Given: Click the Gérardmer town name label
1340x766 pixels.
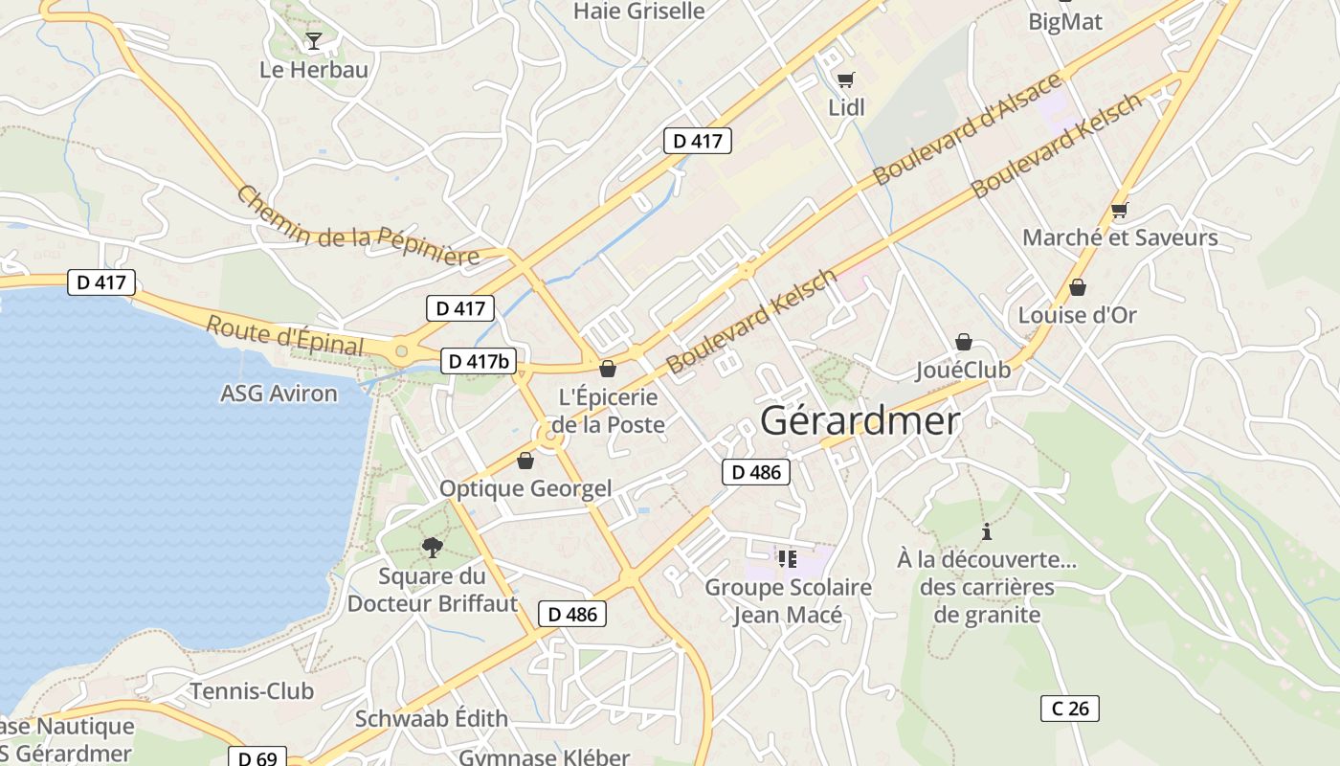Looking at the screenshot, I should (x=860, y=421).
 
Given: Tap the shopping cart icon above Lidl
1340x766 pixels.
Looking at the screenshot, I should (x=845, y=79).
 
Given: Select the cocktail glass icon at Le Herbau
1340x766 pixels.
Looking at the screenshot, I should (x=313, y=40).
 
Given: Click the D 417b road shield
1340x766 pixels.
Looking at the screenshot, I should (x=479, y=361).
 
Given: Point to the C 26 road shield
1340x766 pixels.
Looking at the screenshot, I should (x=1069, y=709).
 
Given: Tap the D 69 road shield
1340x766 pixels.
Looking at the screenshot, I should (x=257, y=758).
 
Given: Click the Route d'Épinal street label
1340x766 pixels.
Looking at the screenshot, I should (x=284, y=336).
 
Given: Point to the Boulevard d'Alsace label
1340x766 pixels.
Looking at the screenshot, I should (x=967, y=129).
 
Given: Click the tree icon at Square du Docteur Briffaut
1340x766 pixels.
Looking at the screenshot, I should (x=433, y=547).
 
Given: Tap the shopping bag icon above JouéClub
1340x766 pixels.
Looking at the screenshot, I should (x=963, y=342).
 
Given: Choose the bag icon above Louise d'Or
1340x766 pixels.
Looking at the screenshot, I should (x=1077, y=287).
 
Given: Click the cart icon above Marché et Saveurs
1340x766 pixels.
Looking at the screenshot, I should (x=1119, y=210).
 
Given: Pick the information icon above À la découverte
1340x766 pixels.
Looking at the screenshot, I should (x=987, y=531).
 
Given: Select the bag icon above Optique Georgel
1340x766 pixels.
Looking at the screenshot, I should (x=525, y=462).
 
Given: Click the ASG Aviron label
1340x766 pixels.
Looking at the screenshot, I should (x=279, y=394).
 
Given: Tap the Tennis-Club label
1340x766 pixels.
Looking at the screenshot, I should (x=252, y=691).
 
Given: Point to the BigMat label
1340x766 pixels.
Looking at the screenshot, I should (x=1065, y=21).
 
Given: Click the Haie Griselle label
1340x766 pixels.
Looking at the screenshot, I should (x=638, y=11).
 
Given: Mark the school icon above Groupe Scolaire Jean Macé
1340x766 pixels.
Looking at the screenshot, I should (x=788, y=558).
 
